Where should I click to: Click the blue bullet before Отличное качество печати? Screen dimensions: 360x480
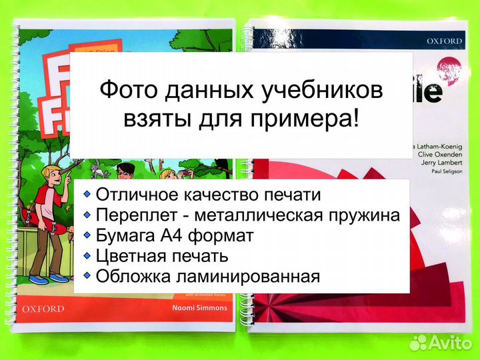pyautogui.click(x=87, y=195)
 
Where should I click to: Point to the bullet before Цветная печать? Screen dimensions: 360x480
pyautogui.click(x=87, y=255)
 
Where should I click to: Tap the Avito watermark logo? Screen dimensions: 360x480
pyautogui.click(x=440, y=342)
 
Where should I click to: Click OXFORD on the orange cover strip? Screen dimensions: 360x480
pyautogui.click(x=43, y=309)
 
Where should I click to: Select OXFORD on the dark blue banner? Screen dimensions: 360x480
pyautogui.click(x=444, y=41)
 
